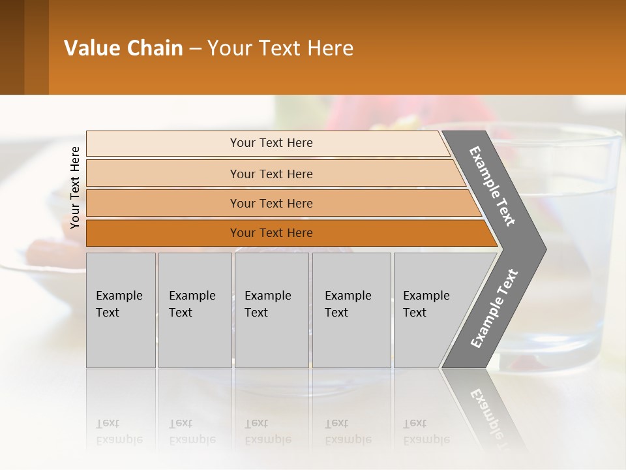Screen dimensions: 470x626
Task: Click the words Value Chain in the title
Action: pos(123,48)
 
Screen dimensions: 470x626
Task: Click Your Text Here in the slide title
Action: pos(280,48)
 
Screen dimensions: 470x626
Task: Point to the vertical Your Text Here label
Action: pos(75,187)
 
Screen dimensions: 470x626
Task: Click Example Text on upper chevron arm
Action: pos(493,187)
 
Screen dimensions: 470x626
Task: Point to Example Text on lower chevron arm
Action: pos(494,309)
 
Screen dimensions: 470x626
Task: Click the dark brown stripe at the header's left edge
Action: pos(12,47)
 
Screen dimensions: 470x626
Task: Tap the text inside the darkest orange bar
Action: pos(271,233)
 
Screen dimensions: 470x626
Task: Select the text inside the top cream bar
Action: pos(271,143)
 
